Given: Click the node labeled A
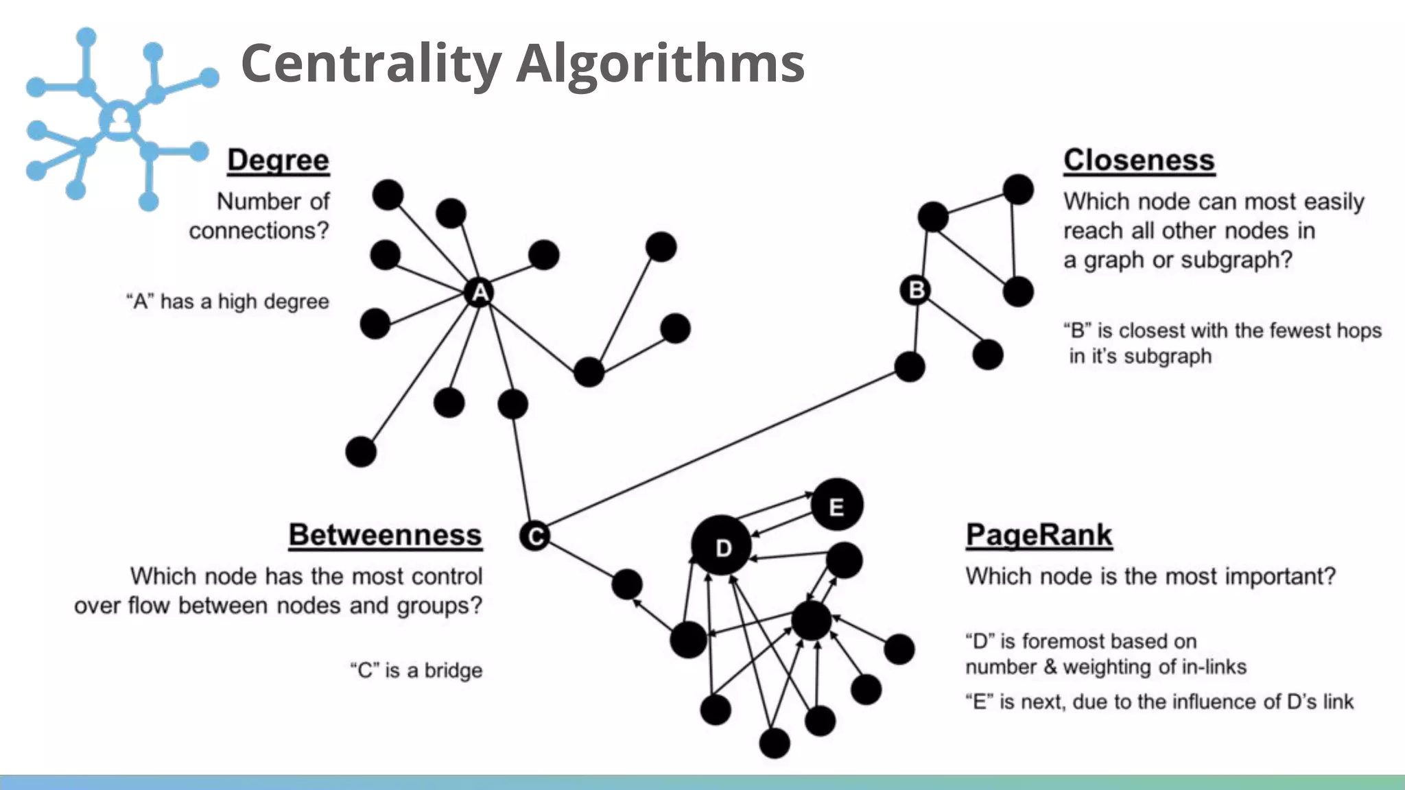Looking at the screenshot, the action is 480,292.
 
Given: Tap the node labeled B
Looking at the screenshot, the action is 916,290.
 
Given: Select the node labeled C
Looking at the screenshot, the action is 534,536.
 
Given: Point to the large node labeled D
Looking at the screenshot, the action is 722,547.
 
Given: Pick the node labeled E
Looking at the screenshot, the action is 836,506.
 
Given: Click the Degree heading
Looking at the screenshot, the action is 278,160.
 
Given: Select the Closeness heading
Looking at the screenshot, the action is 1139,160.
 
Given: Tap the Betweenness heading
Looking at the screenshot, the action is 385,535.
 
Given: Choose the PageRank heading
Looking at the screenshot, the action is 1039,535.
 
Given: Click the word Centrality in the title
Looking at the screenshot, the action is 370,63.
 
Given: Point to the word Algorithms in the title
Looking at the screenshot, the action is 660,63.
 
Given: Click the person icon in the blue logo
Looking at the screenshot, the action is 120,121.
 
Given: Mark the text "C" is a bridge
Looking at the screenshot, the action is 416,670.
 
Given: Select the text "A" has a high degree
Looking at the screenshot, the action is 228,301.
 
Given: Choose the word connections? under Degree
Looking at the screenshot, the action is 259,230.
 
